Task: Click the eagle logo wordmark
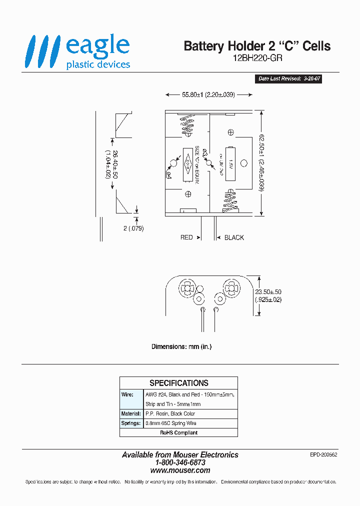tap(97, 46)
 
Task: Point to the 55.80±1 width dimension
tap(208, 94)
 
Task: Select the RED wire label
tap(186, 237)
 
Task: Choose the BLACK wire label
tap(234, 237)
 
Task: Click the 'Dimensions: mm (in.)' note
tap(181, 346)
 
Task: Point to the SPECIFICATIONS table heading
tap(178, 383)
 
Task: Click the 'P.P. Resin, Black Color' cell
tap(170, 414)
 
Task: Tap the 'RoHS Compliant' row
tap(178, 432)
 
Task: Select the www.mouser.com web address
tap(180, 470)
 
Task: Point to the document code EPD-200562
tap(323, 455)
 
